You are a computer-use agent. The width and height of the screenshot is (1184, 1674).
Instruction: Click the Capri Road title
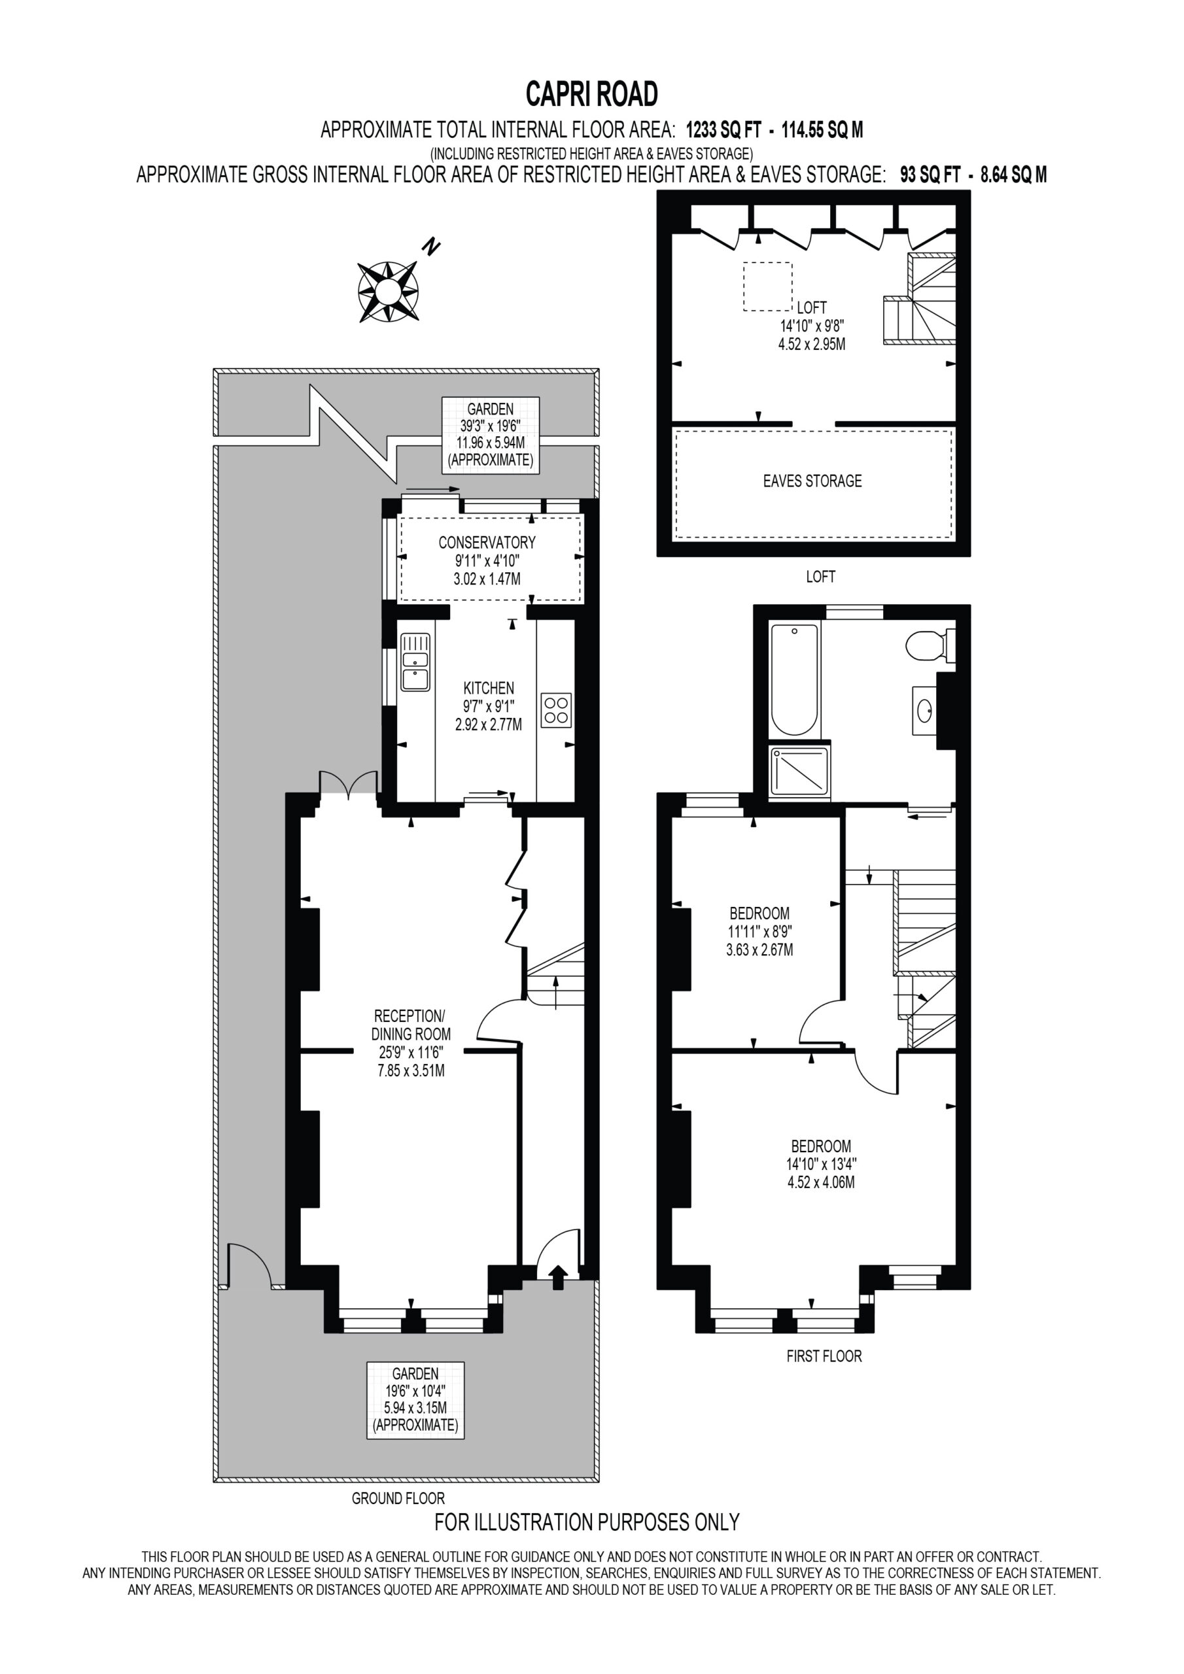pyautogui.click(x=591, y=94)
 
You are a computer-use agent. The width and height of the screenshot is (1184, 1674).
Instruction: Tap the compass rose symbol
pyautogui.click(x=388, y=292)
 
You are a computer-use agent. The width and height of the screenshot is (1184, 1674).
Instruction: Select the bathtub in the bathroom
pyautogui.click(x=795, y=679)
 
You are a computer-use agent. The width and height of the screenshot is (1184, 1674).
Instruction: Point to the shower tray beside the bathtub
pyautogui.click(x=800, y=771)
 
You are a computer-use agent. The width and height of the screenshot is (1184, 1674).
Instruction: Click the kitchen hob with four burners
pyautogui.click(x=556, y=710)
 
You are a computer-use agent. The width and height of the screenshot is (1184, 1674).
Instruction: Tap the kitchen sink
pyautogui.click(x=415, y=662)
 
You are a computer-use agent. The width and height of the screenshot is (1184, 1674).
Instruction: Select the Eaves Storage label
pyautogui.click(x=812, y=481)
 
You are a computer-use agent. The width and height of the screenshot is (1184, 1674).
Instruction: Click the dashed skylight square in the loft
pyautogui.click(x=767, y=286)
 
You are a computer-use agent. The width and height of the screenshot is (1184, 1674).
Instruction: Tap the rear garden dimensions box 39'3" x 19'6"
pyautogui.click(x=490, y=436)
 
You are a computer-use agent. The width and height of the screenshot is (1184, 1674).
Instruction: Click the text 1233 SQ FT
pyautogui.click(x=723, y=131)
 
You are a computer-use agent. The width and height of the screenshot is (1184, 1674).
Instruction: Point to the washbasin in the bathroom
pyautogui.click(x=924, y=709)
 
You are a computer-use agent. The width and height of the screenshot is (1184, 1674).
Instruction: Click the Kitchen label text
pyautogui.click(x=489, y=689)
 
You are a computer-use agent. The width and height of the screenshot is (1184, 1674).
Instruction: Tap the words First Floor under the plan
pyautogui.click(x=824, y=1356)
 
